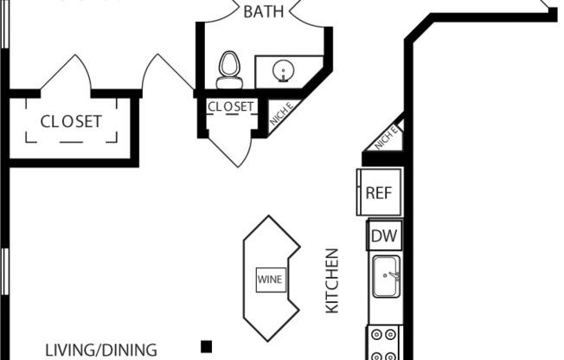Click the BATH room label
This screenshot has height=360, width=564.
point(263,12)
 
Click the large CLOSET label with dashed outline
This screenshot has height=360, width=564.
point(71,122)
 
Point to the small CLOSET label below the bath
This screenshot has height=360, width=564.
point(230,107)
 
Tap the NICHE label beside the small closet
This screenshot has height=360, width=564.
point(280,115)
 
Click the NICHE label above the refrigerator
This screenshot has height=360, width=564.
point(386,136)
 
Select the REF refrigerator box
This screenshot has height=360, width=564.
point(379,192)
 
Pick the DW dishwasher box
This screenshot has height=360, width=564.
point(382,235)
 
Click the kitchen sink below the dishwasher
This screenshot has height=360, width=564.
point(385,276)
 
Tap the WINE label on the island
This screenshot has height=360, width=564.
point(269,280)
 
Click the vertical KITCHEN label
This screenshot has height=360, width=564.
point(331,281)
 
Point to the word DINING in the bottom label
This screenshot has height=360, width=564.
point(130,350)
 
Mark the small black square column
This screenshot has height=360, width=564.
point(207,347)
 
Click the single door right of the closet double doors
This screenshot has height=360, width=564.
point(169,74)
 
